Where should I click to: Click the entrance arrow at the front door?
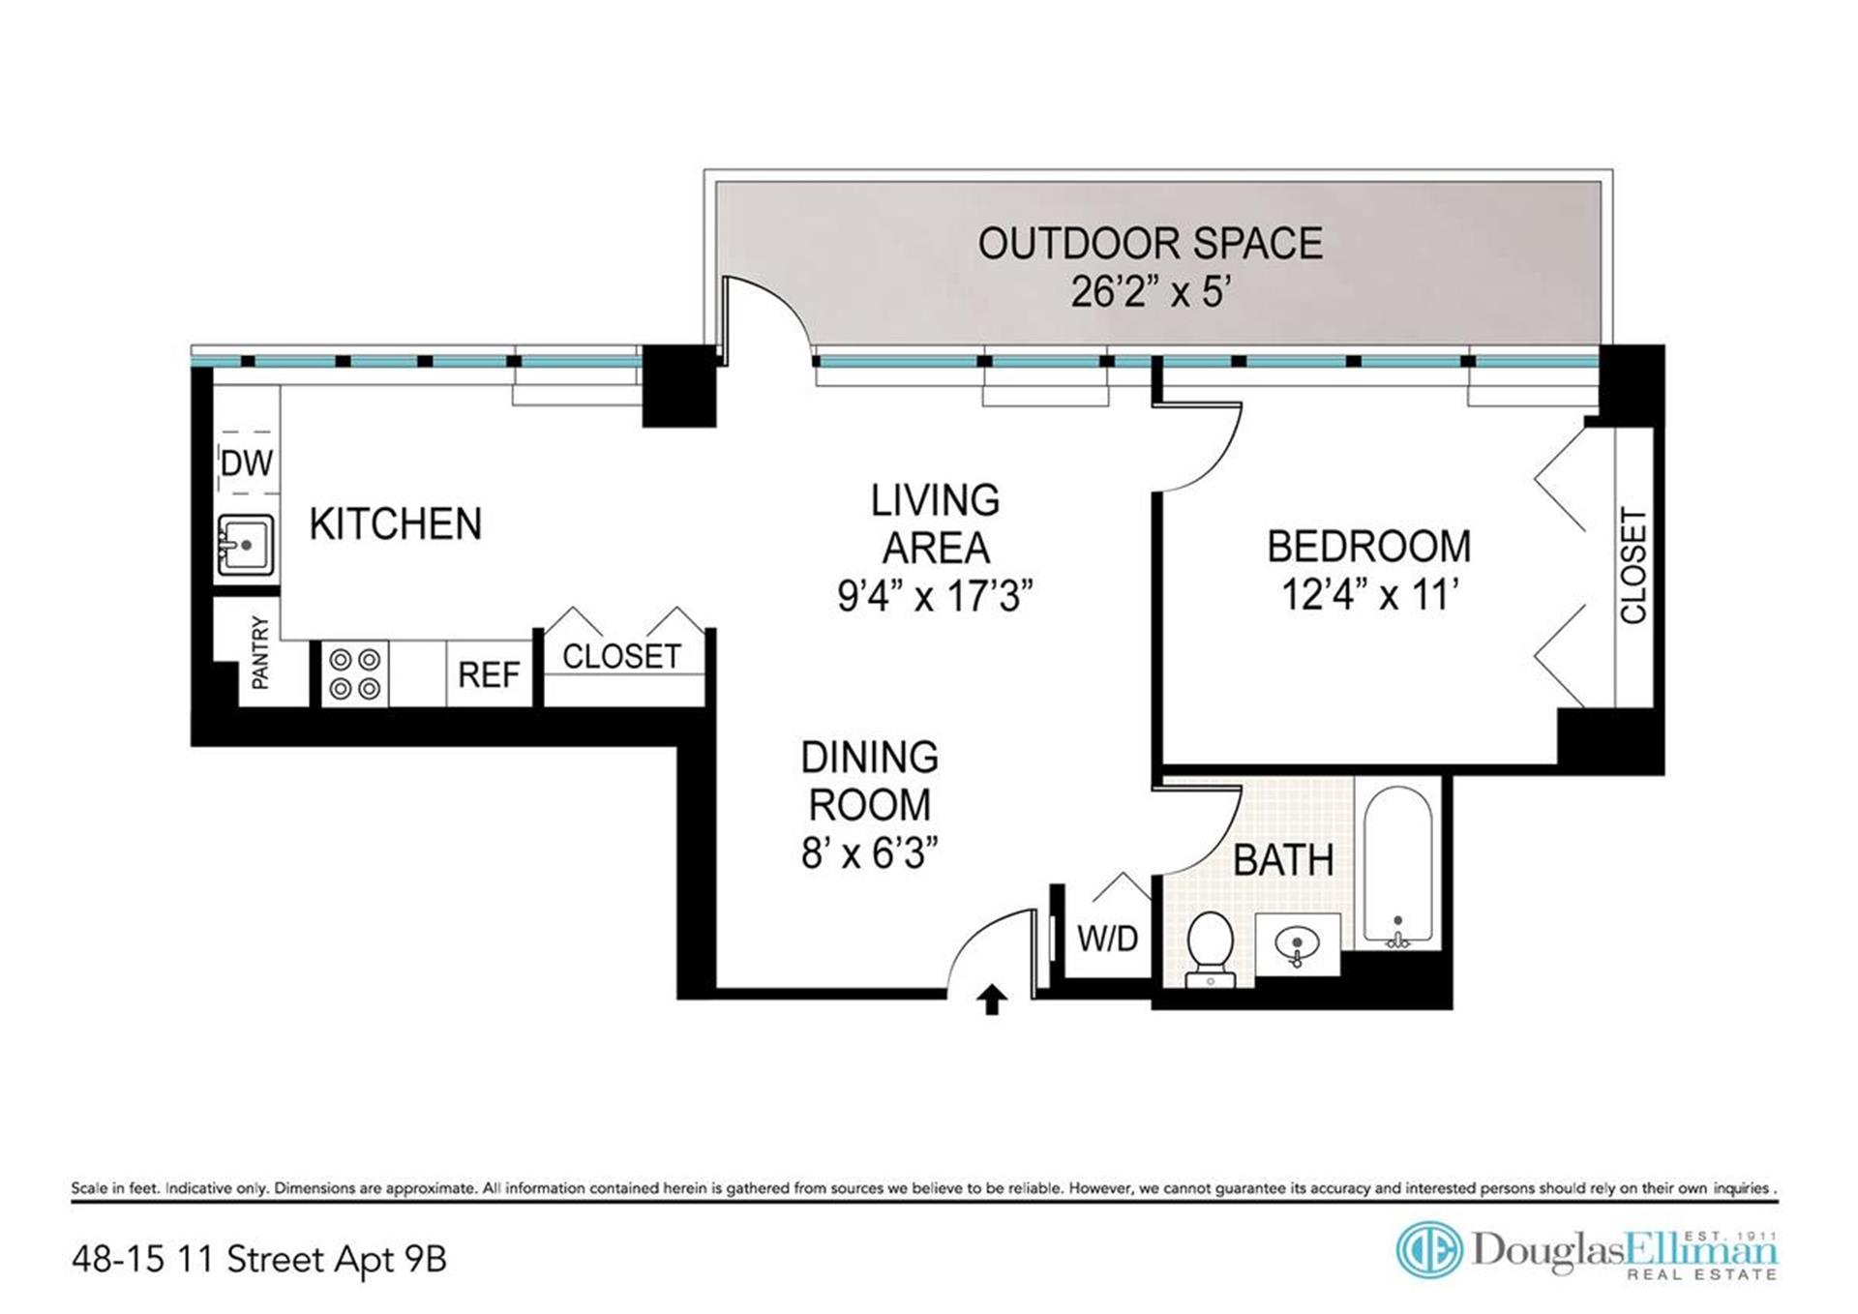992,1000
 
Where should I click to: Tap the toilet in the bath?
1210,949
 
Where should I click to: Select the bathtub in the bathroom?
1397,867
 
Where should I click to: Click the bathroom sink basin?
1297,943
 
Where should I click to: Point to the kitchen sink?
246,546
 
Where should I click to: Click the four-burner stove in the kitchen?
354,673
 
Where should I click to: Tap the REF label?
489,674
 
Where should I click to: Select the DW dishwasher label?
247,463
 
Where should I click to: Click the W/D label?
1108,938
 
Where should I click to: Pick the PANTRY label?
259,653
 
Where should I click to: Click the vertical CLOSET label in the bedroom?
1633,566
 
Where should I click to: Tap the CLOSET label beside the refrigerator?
621,657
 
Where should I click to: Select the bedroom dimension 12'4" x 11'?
1369,594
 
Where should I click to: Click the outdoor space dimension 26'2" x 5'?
1150,291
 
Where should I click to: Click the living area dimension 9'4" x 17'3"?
935,596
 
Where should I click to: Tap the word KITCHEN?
396,523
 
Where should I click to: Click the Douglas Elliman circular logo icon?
1428,1250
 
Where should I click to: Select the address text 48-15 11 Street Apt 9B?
259,1260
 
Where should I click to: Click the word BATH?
1283,860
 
